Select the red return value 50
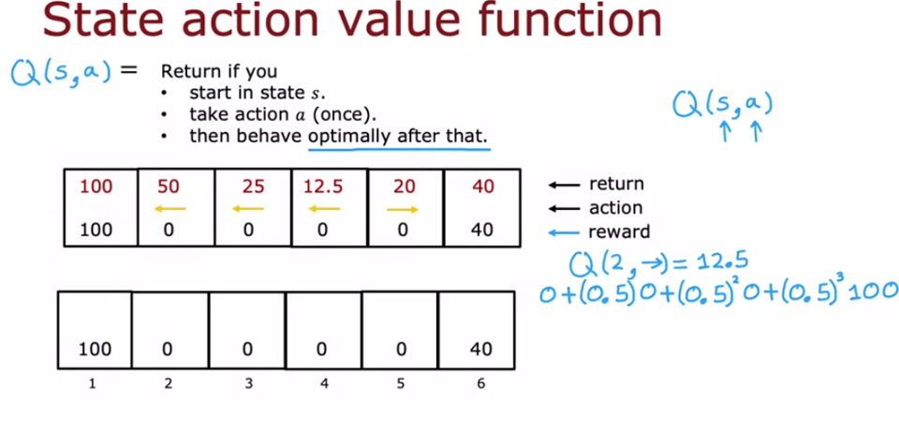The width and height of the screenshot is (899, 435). pos(169,187)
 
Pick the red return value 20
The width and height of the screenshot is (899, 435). pos(404,187)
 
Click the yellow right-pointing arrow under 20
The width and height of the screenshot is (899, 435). pos(403,208)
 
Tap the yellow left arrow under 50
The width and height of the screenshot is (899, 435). pos(169,208)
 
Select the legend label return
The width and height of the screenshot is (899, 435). pos(615,185)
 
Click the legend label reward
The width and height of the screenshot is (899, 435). pos(618,231)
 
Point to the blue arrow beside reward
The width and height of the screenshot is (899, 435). pos(564,231)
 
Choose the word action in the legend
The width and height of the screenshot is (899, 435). pos(615,207)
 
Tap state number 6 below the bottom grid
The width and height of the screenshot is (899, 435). pos(480,382)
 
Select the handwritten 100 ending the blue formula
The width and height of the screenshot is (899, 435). pos(873,292)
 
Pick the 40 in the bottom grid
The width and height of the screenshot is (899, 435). pos(480,350)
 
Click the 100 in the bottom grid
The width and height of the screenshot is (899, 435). pos(94,350)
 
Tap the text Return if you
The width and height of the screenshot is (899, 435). pos(219,71)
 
